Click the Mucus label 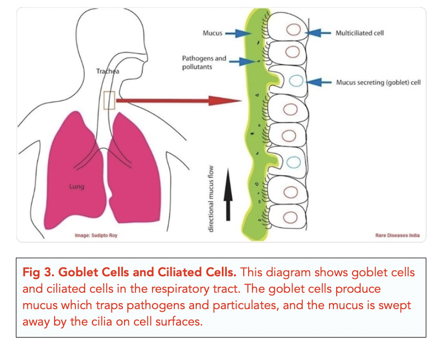[212, 33]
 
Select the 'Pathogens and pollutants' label [204, 62]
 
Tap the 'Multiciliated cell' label [360, 33]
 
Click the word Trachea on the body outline [107, 71]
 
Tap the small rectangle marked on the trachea [109, 100]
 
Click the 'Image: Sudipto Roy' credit [96, 235]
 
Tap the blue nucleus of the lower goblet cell [293, 161]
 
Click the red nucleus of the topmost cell [293, 31]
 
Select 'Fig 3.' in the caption [39, 272]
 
